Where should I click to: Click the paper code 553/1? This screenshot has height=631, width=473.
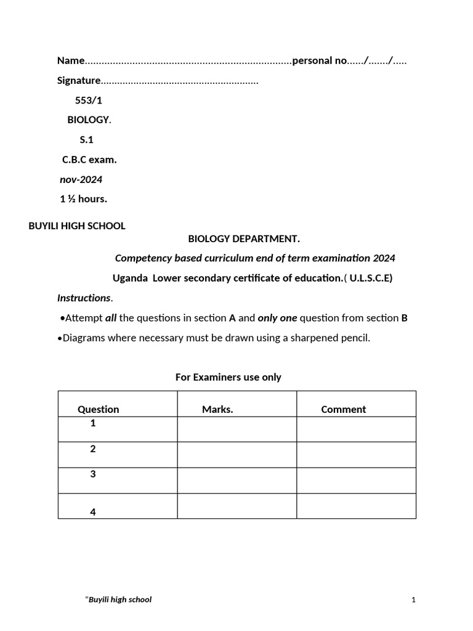[89, 100]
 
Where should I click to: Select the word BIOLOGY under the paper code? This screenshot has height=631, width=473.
[88, 120]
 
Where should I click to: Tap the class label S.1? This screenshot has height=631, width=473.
[86, 140]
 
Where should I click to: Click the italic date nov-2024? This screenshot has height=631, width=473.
[81, 180]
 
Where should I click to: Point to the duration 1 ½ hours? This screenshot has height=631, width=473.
[83, 199]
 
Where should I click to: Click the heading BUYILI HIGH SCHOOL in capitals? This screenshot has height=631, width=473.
[77, 226]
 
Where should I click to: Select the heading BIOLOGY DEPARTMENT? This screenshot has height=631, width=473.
[244, 238]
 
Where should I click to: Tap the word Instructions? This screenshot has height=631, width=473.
[84, 298]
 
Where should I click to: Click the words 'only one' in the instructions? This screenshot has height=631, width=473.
[277, 318]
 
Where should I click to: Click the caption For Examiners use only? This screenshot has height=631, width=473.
[228, 377]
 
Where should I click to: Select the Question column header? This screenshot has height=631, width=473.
[99, 409]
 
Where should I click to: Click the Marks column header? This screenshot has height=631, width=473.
[217, 409]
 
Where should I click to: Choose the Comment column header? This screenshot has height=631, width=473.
[343, 409]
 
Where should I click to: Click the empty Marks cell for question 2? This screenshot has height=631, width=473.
[236, 454]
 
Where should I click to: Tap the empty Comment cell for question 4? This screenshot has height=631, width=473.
[356, 505]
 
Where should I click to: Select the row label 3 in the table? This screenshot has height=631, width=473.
[93, 474]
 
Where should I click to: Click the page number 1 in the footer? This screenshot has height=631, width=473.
[414, 600]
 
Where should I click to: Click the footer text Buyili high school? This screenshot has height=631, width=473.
[119, 600]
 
